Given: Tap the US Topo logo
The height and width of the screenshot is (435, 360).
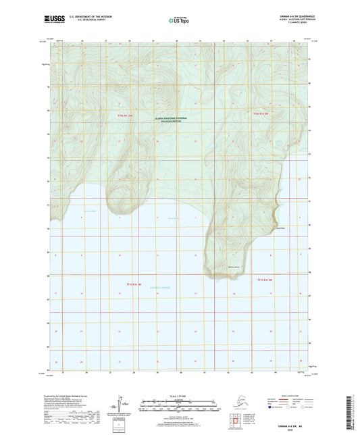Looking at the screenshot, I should click(x=179, y=20).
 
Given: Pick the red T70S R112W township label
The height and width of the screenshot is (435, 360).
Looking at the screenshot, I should click(x=261, y=114).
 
